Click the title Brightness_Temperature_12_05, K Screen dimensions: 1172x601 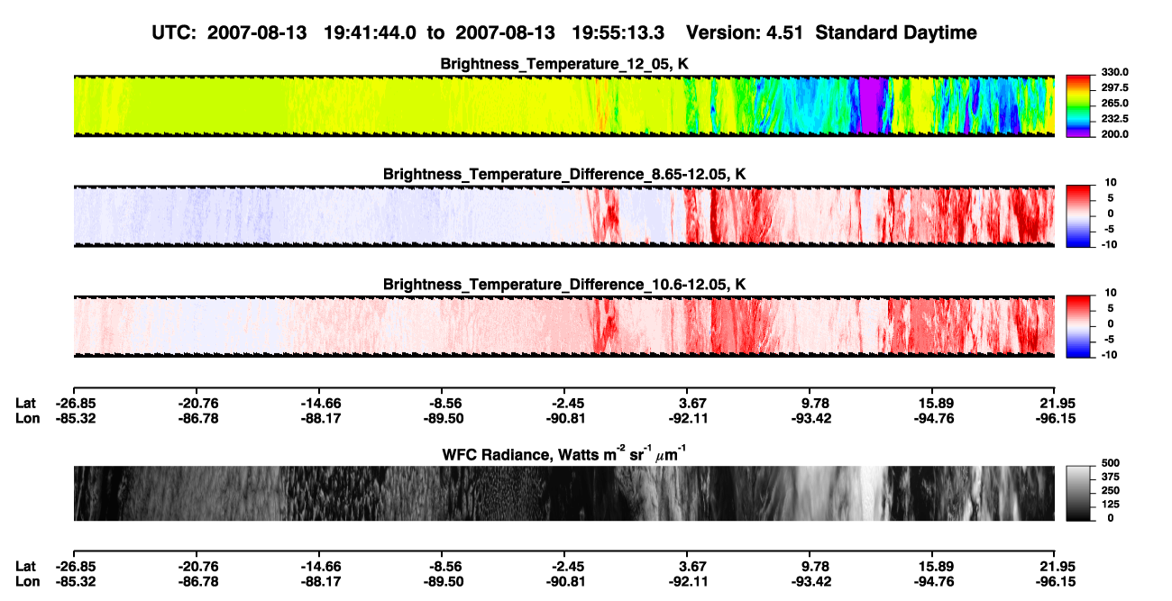[x=564, y=64]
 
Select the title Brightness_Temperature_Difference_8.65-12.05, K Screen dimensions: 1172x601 [x=564, y=174]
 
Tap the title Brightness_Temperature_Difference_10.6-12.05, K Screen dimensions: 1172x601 [x=564, y=285]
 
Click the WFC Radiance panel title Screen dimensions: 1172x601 [x=563, y=453]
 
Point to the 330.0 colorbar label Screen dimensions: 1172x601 [x=1114, y=72]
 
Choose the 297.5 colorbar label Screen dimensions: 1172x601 [x=1114, y=88]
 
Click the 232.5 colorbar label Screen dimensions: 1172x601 [x=1114, y=119]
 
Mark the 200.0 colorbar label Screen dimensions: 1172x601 [x=1114, y=134]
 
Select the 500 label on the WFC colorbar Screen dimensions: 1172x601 [x=1110, y=463]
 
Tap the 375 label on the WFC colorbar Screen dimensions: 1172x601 [x=1110, y=477]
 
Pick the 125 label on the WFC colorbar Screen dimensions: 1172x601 [x=1110, y=505]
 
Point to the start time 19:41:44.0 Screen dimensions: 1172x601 [x=370, y=32]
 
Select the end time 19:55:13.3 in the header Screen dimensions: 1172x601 [x=618, y=32]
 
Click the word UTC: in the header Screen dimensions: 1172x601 [x=174, y=32]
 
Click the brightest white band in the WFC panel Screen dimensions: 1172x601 [x=870, y=493]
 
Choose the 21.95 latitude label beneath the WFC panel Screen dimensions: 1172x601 [x=1056, y=567]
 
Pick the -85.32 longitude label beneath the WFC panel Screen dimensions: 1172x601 [x=76, y=582]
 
